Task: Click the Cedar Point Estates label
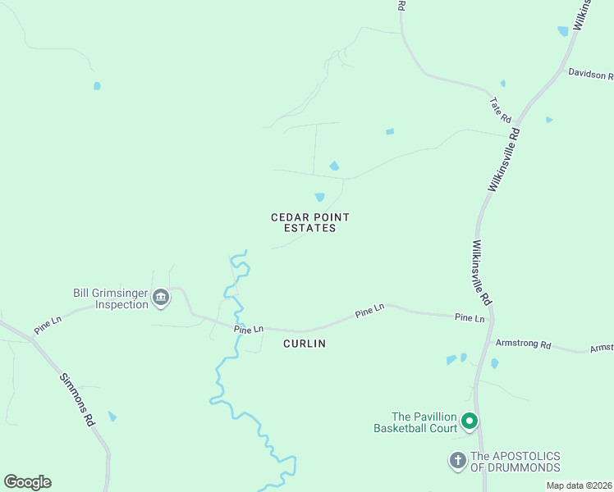click(310, 222)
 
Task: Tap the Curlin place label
click(305, 344)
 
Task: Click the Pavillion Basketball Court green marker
click(470, 421)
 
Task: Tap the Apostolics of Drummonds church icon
click(458, 461)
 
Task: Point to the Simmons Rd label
click(78, 399)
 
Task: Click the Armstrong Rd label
click(522, 344)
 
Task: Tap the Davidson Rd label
click(590, 75)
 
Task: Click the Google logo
click(27, 482)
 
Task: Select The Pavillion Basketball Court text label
click(424, 422)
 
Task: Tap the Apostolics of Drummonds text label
click(515, 462)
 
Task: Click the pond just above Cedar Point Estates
click(319, 197)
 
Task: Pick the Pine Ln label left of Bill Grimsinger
click(48, 325)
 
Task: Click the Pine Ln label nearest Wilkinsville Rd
click(470, 317)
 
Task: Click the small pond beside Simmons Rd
click(112, 417)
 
